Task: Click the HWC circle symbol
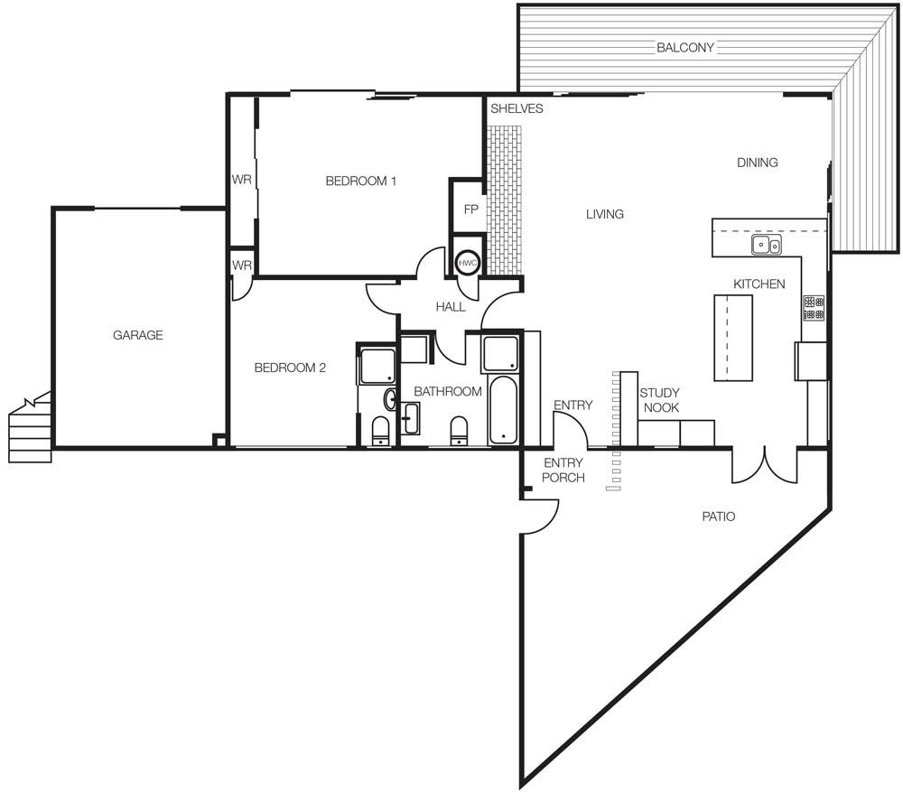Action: pos(468,263)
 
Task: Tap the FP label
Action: pos(471,210)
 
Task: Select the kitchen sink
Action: pos(767,245)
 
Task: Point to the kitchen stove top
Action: pos(814,308)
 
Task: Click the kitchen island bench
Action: pos(733,338)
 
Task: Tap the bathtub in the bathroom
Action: pos(503,409)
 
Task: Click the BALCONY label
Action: pos(685,47)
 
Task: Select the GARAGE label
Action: pos(137,335)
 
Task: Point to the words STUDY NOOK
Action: pos(660,400)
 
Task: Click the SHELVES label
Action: pos(517,108)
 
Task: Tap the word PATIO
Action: pos(718,517)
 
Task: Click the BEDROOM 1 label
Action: pos(360,181)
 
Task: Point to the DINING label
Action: pos(758,163)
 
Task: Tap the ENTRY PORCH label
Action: pos(563,470)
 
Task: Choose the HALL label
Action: pos(451,307)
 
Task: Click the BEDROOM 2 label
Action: pos(290,368)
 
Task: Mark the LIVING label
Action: pos(605,214)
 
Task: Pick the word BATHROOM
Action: pos(448,392)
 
